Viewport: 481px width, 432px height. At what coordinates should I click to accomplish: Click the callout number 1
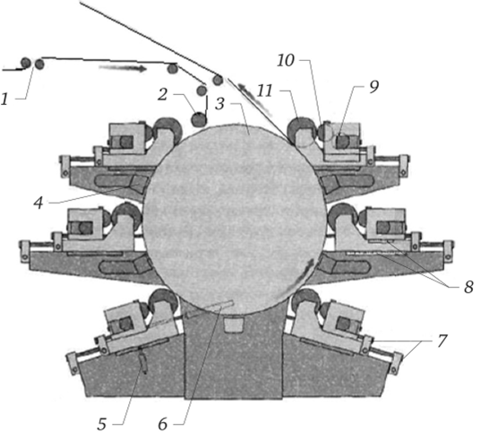[4, 99]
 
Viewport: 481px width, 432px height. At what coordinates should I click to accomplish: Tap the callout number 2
[163, 95]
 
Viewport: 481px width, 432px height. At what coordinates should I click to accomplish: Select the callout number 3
[219, 104]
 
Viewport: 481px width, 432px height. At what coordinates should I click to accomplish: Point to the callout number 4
[39, 203]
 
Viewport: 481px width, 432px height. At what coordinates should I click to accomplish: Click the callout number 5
[102, 424]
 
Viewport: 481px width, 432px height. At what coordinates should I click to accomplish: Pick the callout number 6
[163, 424]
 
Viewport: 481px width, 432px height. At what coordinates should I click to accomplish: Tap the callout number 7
[442, 341]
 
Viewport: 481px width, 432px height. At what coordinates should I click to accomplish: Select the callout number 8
[468, 288]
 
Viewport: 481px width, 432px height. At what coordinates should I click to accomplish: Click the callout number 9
[374, 87]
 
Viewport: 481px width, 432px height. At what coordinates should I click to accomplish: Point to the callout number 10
[286, 60]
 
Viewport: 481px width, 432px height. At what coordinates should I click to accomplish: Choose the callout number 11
[264, 91]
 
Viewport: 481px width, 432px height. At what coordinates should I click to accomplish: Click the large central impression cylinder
[235, 220]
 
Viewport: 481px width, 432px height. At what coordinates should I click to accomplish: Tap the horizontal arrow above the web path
[123, 68]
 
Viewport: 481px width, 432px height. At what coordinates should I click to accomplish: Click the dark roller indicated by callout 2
[199, 120]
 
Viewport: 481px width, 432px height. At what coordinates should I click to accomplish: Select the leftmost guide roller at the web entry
[26, 64]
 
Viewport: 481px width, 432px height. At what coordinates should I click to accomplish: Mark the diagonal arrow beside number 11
[254, 99]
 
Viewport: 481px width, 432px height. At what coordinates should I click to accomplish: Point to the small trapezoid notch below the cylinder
[234, 325]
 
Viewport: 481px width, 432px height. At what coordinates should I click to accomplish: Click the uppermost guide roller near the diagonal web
[218, 80]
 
